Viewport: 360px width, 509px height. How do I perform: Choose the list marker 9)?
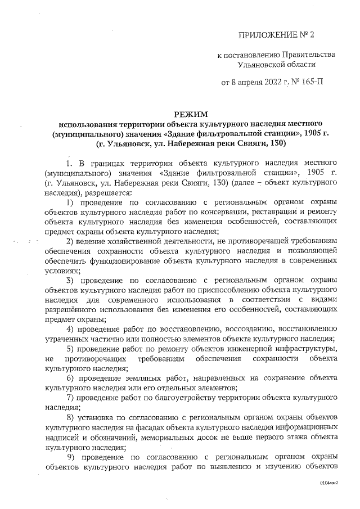pos(71,457)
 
